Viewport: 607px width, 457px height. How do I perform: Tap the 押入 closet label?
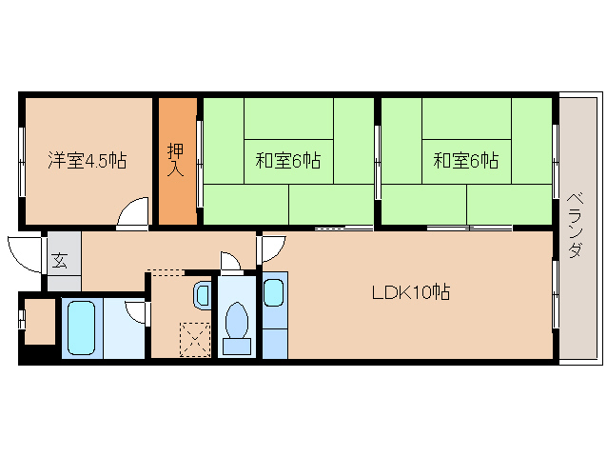(176, 160)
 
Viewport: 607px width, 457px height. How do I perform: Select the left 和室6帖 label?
(287, 161)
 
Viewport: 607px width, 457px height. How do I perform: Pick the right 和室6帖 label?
(466, 161)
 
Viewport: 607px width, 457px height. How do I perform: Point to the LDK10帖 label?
(410, 292)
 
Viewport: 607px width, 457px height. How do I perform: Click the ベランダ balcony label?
(575, 225)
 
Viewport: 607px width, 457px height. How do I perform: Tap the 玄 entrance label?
(60, 259)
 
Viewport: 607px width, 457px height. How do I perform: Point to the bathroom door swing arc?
(135, 312)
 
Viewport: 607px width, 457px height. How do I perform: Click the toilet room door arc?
(229, 261)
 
